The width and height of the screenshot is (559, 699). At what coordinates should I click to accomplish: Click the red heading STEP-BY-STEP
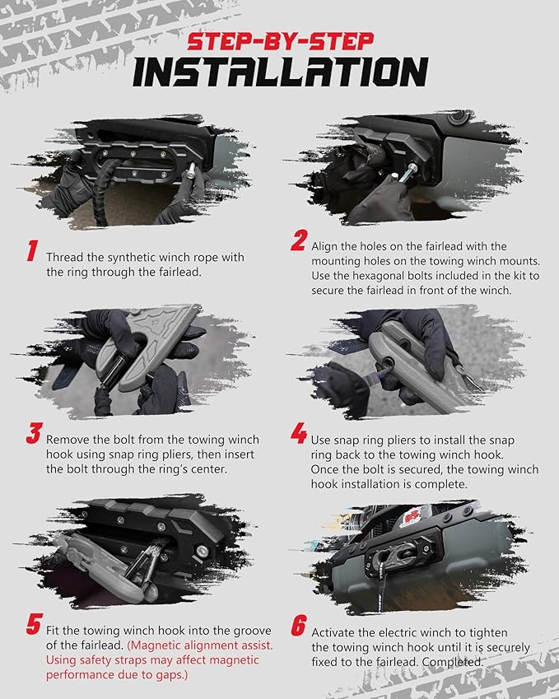coord(281,41)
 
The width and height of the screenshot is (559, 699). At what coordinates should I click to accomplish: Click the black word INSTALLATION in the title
coord(281,72)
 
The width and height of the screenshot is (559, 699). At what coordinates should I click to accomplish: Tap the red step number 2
coord(299,240)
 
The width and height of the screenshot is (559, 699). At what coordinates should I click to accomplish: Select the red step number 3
coord(34,434)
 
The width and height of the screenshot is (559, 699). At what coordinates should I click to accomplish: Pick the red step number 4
coord(299,434)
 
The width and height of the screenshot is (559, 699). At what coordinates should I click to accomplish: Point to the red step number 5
coord(35,623)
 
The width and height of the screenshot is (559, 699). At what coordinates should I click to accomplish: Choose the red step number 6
coord(299,625)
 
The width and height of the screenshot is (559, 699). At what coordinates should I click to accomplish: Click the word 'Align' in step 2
coord(324,246)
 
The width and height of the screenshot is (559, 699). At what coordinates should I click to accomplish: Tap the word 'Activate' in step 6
coord(332,632)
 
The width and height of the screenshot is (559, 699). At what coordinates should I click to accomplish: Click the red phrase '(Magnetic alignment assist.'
coord(200,645)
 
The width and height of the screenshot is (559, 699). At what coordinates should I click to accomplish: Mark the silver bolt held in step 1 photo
coord(190,170)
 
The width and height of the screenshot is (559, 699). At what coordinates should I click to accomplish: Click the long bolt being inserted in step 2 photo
coord(408,174)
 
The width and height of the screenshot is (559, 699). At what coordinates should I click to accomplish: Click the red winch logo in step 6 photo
coord(412,517)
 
